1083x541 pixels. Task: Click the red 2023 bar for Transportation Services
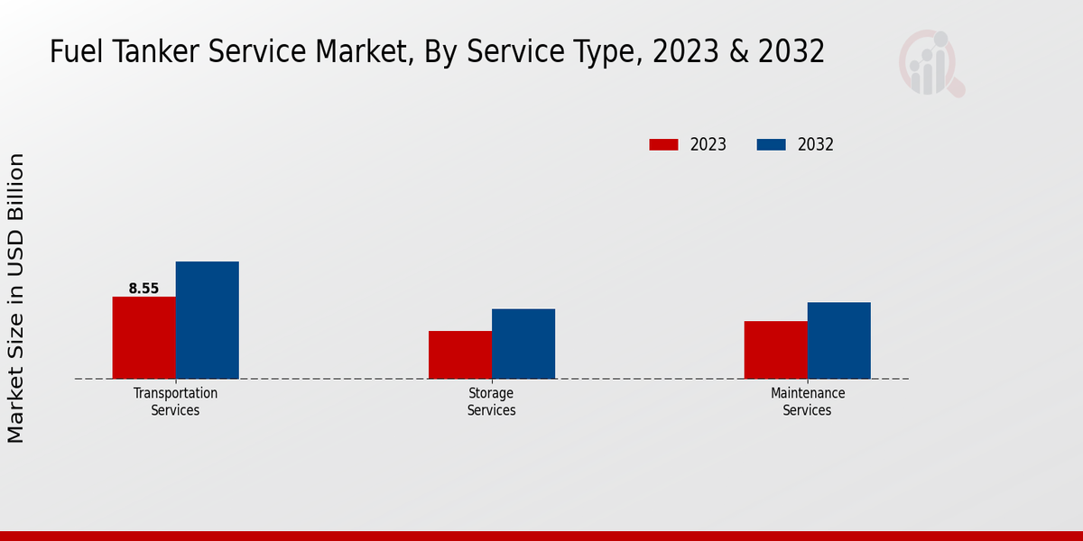point(143,337)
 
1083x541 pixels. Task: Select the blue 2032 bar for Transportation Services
point(207,320)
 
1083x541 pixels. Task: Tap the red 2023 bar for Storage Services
point(459,354)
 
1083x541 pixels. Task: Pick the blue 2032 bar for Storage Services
point(523,344)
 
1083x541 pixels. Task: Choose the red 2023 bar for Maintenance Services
point(775,350)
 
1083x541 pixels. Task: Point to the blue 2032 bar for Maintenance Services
point(838,340)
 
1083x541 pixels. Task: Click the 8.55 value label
point(143,289)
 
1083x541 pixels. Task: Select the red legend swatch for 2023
point(663,144)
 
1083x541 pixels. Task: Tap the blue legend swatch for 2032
point(771,144)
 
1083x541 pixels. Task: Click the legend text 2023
point(708,144)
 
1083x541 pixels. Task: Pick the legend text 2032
point(816,144)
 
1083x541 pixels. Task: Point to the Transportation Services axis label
point(175,401)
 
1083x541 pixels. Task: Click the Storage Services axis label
point(491,401)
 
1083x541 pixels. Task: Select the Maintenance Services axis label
point(807,401)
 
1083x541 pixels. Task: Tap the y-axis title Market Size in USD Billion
point(16,298)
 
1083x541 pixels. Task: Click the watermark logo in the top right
point(931,63)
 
